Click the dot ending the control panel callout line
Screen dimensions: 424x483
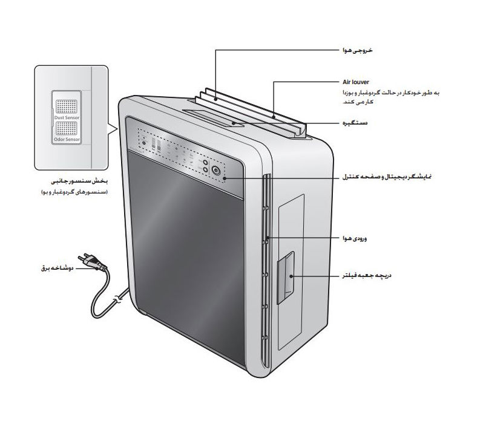[x=225, y=179]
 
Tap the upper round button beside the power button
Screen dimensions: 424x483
[x=206, y=163]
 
